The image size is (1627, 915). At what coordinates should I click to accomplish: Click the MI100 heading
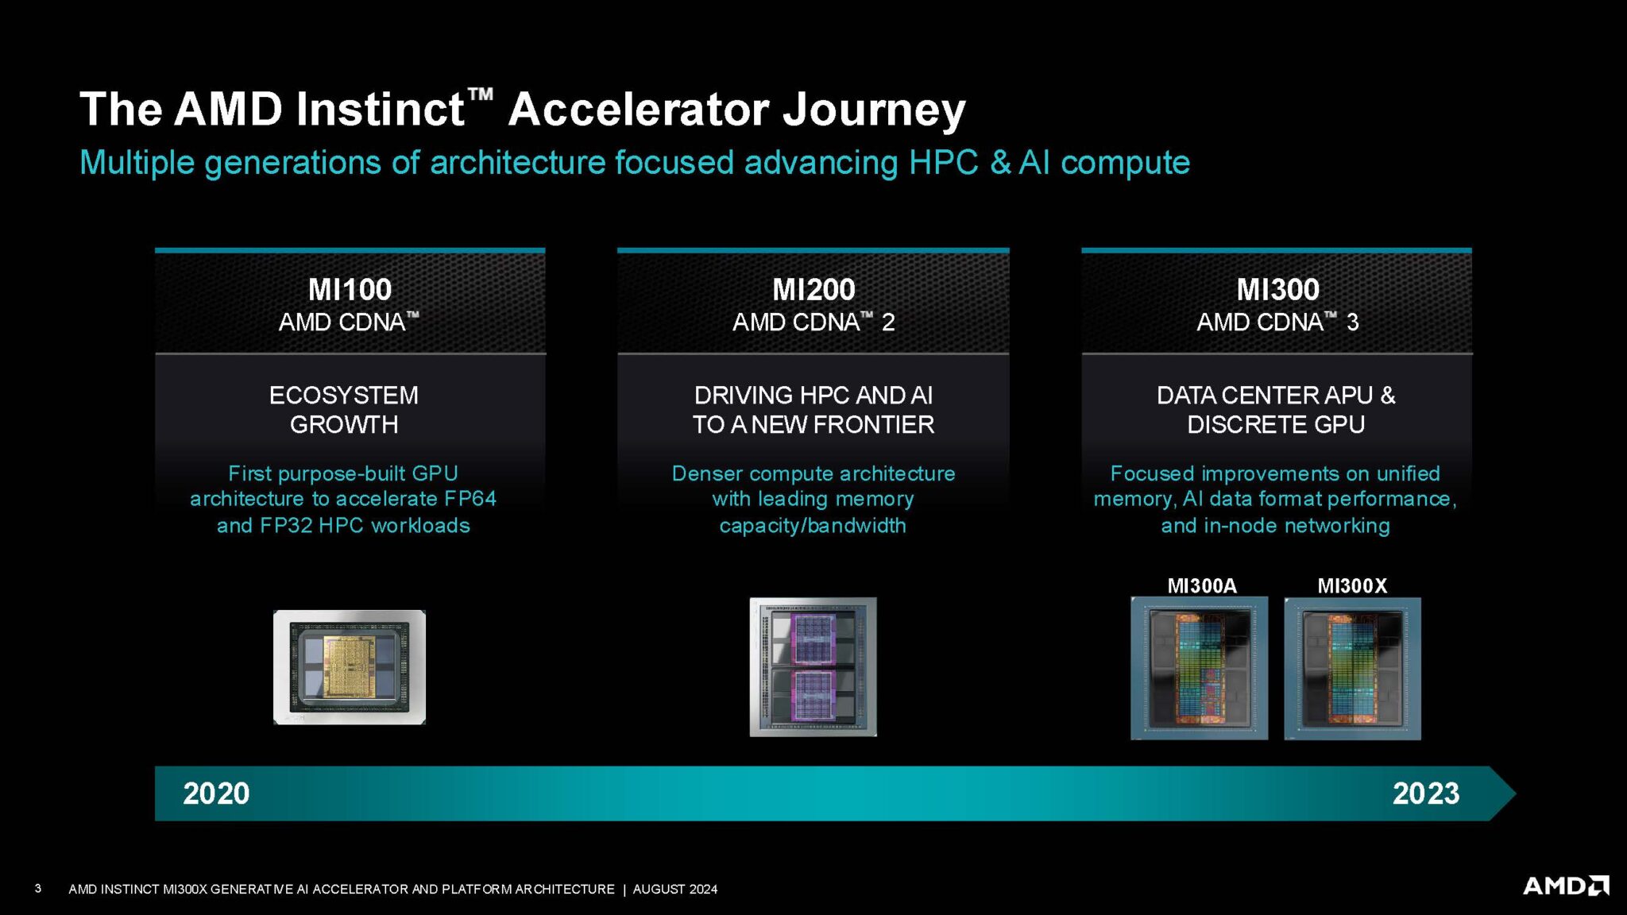click(350, 289)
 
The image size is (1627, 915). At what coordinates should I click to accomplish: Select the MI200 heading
click(813, 289)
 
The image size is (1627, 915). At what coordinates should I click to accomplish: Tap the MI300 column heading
click(1277, 289)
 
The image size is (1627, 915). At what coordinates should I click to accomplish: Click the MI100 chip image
click(350, 667)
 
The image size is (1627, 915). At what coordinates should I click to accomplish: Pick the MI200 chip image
click(813, 667)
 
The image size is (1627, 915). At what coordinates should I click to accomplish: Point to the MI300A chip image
click(1199, 669)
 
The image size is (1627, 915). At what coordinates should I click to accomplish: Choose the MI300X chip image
click(1352, 669)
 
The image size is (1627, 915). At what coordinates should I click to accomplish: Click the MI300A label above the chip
click(1201, 586)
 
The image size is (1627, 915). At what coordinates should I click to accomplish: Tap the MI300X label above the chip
click(1352, 586)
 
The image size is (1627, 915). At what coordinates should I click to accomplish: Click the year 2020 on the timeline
click(216, 793)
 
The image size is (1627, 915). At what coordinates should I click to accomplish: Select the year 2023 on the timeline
click(1425, 793)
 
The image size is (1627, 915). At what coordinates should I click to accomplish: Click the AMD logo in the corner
click(1565, 886)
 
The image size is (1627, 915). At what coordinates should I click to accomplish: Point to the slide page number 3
click(38, 889)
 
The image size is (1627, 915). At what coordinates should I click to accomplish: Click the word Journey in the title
click(874, 110)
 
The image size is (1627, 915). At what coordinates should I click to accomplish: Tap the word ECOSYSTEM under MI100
click(343, 395)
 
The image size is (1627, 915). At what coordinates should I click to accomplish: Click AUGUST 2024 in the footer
click(674, 890)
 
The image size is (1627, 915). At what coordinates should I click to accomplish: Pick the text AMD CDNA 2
click(813, 322)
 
